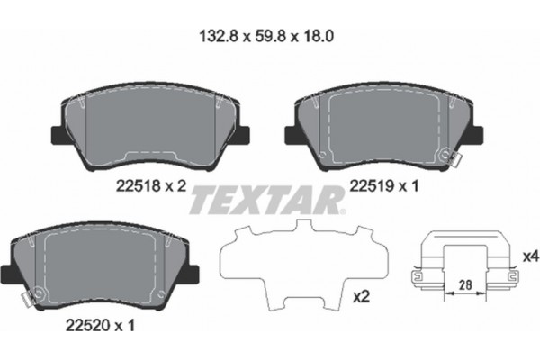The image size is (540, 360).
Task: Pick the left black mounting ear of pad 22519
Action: (x=292, y=135)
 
